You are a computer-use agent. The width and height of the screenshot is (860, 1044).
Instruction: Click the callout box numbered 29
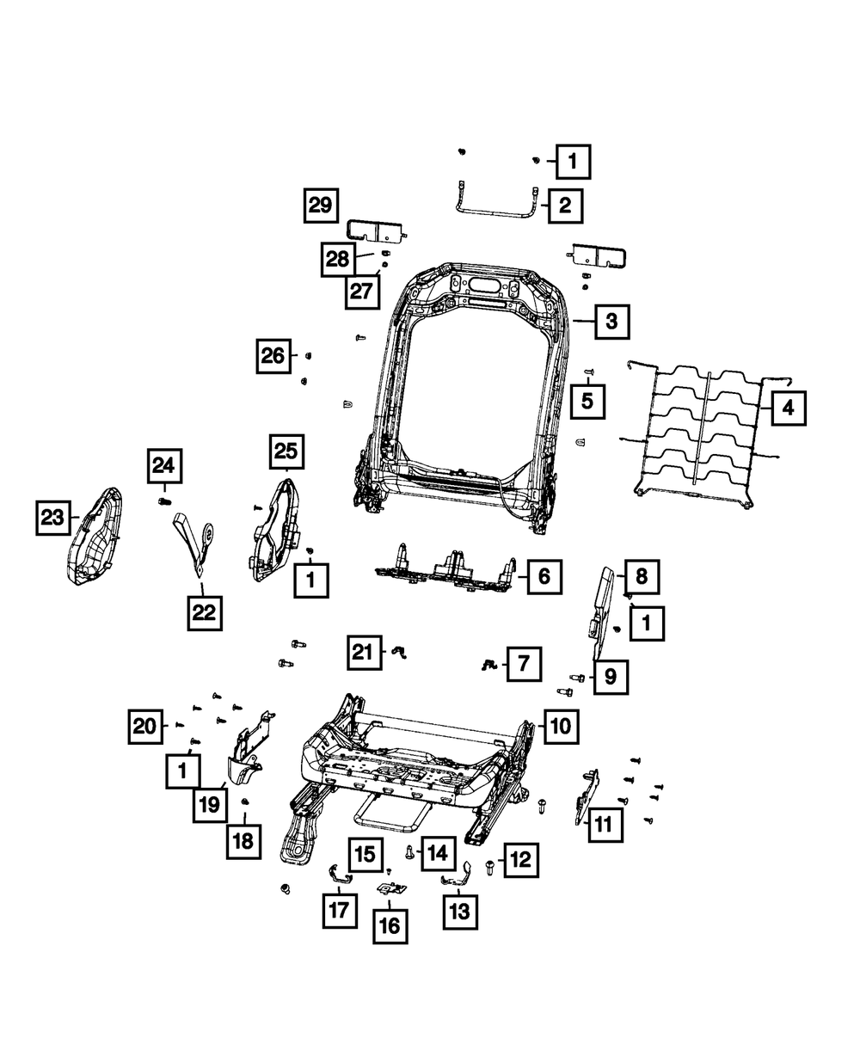click(320, 206)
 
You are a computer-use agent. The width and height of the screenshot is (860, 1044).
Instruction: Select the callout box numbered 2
click(564, 206)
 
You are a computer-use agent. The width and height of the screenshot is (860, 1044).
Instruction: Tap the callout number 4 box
click(788, 409)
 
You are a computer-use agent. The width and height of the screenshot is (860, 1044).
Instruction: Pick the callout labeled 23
click(53, 518)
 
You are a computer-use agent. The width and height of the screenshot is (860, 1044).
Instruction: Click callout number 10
click(559, 727)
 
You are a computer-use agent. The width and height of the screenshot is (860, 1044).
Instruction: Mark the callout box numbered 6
click(544, 576)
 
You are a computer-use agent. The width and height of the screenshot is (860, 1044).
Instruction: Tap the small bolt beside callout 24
click(165, 500)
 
